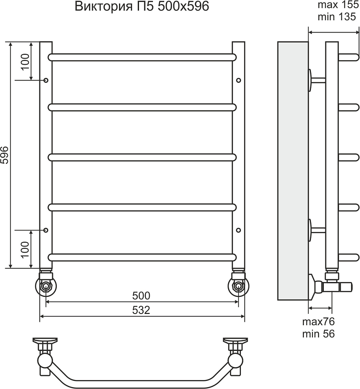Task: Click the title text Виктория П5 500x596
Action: [142, 7]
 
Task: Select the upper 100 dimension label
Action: [25, 62]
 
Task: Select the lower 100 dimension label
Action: [25, 249]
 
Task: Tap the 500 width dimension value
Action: [141, 296]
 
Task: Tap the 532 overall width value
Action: [141, 310]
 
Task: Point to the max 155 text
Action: [339, 5]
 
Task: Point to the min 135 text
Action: [337, 17]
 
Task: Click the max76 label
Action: [318, 322]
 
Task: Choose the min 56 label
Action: [318, 334]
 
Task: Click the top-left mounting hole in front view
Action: [46, 81]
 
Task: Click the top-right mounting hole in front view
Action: [239, 81]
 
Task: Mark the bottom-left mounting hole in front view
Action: [46, 230]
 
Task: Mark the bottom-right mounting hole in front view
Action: [239, 230]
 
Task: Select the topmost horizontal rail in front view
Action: [142, 57]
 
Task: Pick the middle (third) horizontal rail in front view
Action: [142, 158]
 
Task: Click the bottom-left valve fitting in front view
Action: [46, 284]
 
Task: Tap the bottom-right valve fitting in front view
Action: [239, 284]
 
